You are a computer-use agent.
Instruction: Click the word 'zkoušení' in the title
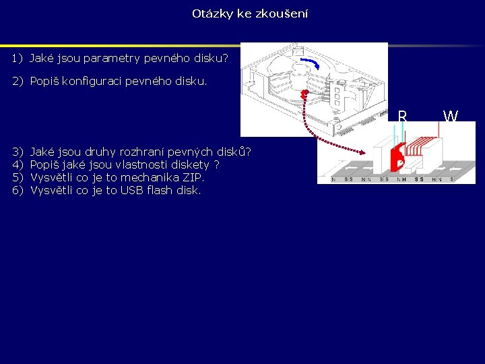pyautogui.click(x=283, y=13)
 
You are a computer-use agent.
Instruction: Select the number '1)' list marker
pyautogui.click(x=17, y=59)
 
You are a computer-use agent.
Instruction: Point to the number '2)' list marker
pyautogui.click(x=17, y=81)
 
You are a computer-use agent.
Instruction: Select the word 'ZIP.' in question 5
pyautogui.click(x=191, y=177)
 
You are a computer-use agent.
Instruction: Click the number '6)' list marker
pyautogui.click(x=17, y=190)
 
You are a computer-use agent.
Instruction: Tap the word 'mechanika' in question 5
pyautogui.click(x=145, y=177)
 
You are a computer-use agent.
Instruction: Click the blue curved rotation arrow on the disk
pyautogui.click(x=311, y=63)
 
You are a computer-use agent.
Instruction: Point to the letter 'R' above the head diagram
pyautogui.click(x=402, y=117)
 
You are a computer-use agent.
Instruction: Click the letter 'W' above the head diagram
pyautogui.click(x=450, y=117)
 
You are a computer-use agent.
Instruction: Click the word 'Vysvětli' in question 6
pyautogui.click(x=53, y=190)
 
